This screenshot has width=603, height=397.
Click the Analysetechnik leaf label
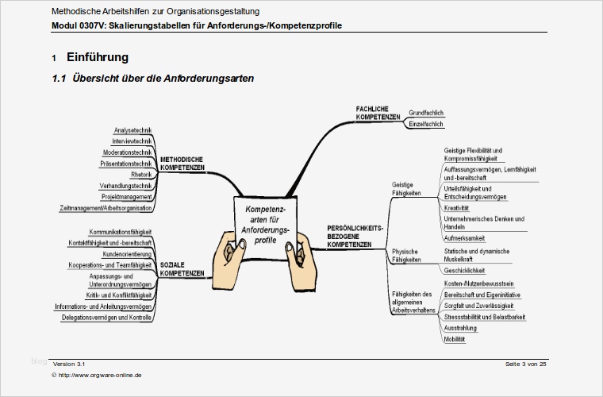pyautogui.click(x=133, y=130)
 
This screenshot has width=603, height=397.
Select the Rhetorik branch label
pyautogui.click(x=140, y=175)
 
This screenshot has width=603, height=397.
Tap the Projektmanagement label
pyautogui.click(x=127, y=197)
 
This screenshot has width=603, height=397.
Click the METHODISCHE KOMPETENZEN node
pyautogui.click(x=182, y=164)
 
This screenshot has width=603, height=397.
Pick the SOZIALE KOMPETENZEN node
pyautogui.click(x=182, y=268)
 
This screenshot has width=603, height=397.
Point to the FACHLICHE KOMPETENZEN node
pyautogui.click(x=378, y=113)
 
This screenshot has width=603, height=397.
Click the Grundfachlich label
pyautogui.click(x=425, y=113)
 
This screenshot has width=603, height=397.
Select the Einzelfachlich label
pyautogui.click(x=425, y=125)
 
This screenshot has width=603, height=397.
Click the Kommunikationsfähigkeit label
pyautogui.click(x=121, y=232)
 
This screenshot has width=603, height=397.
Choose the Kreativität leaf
pyautogui.click(x=456, y=208)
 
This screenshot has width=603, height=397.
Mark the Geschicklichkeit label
pyautogui.click(x=465, y=270)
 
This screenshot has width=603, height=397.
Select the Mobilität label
pyautogui.click(x=455, y=339)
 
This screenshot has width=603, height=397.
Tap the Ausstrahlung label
pyautogui.click(x=460, y=328)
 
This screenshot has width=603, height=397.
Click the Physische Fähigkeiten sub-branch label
pyautogui.click(x=405, y=256)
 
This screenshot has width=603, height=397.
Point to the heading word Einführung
pyautogui.click(x=98, y=58)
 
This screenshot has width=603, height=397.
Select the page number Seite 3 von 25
pyautogui.click(x=525, y=364)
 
